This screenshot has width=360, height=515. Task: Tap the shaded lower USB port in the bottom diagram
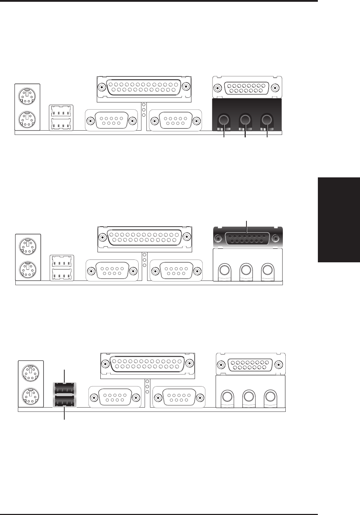(x=64, y=402)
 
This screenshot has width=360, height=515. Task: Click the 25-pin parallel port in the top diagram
(x=144, y=87)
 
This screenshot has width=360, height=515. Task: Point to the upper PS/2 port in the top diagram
(x=27, y=95)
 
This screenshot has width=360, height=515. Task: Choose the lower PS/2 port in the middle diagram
(x=27, y=268)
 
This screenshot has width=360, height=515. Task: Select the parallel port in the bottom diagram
(x=147, y=364)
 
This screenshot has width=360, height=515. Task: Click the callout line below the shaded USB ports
(x=64, y=414)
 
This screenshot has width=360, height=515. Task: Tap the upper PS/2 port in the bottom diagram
(x=30, y=373)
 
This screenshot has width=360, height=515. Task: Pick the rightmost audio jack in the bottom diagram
(x=270, y=397)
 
